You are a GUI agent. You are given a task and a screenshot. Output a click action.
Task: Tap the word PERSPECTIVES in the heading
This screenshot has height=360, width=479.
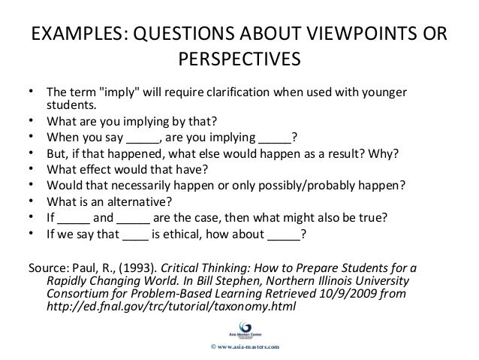(239, 59)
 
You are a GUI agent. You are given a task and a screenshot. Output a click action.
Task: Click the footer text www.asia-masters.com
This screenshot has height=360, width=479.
(246, 346)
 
